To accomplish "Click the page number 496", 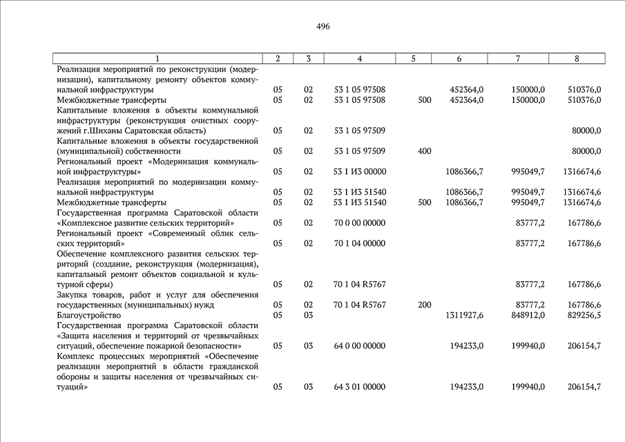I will coord(323,27).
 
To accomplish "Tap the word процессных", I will coord(131,356).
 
